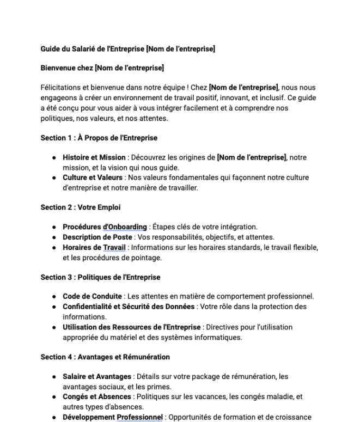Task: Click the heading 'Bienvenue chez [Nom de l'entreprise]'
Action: pyautogui.click(x=102, y=68)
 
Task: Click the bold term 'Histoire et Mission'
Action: pyautogui.click(x=94, y=157)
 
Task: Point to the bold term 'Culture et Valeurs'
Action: pyautogui.click(x=92, y=178)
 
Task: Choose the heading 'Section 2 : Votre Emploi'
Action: pyautogui.click(x=81, y=207)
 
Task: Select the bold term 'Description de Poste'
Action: pyautogui.click(x=97, y=237)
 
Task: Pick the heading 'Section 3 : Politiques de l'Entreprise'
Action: pyautogui.click(x=100, y=277)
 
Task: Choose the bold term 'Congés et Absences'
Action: pyautogui.click(x=96, y=397)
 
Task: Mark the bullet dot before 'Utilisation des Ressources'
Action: pyautogui.click(x=54, y=327)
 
